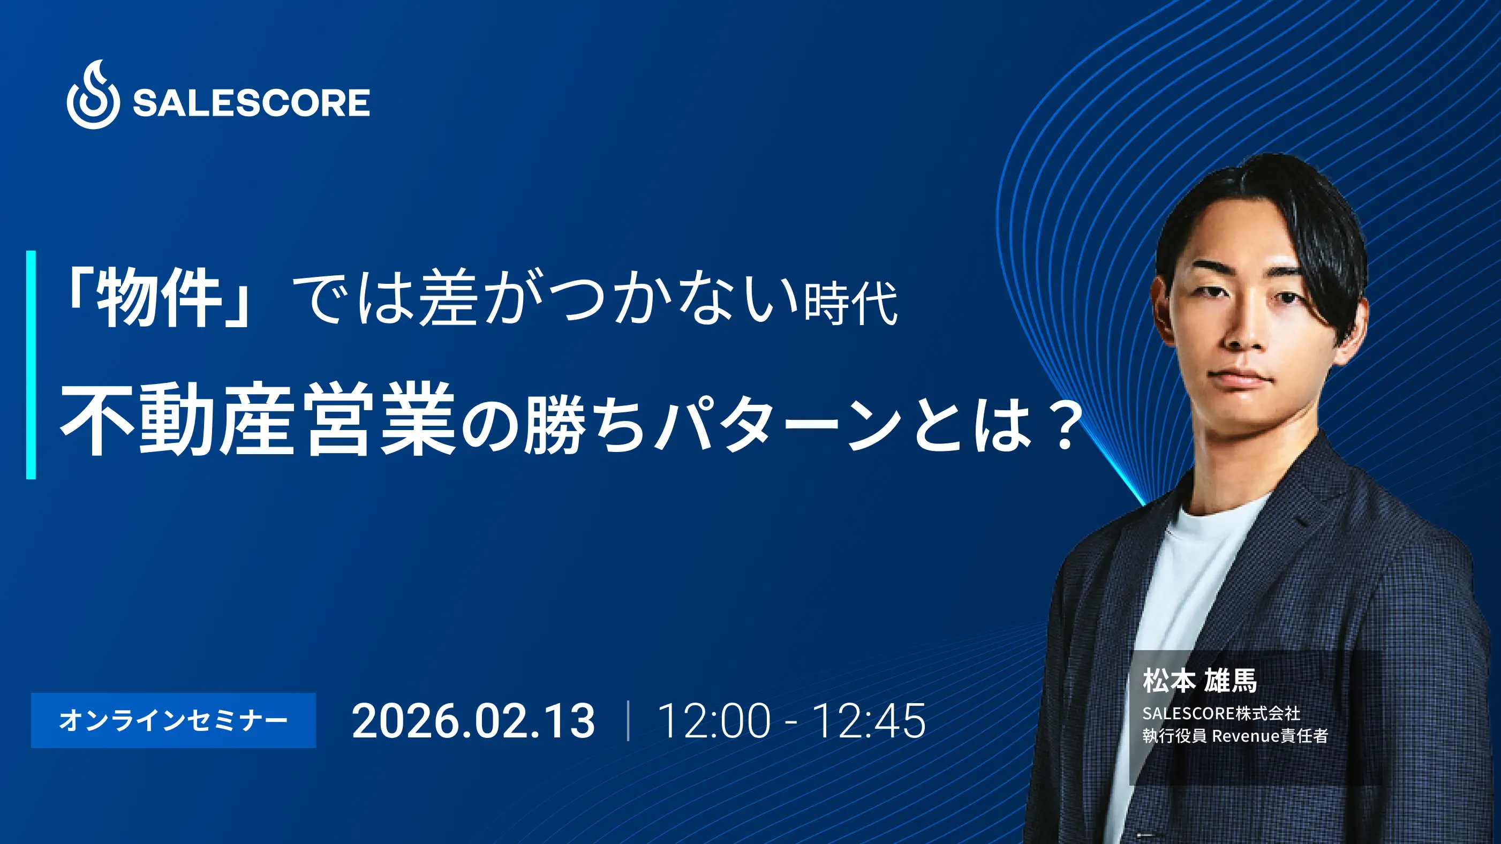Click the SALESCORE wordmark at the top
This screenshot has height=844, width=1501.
(x=251, y=103)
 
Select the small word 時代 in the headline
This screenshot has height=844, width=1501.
(x=850, y=303)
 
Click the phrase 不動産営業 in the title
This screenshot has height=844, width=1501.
(x=258, y=418)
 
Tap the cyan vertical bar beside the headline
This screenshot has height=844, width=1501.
(x=31, y=365)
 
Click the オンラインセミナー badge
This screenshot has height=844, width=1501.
(x=173, y=720)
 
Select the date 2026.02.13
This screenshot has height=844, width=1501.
(x=473, y=721)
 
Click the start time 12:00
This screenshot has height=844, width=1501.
(x=714, y=721)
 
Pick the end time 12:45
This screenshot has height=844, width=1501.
(x=869, y=721)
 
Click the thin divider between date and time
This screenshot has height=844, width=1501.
(x=628, y=721)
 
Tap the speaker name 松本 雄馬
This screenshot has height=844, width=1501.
(x=1200, y=681)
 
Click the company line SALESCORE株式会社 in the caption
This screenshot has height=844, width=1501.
(x=1221, y=713)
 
